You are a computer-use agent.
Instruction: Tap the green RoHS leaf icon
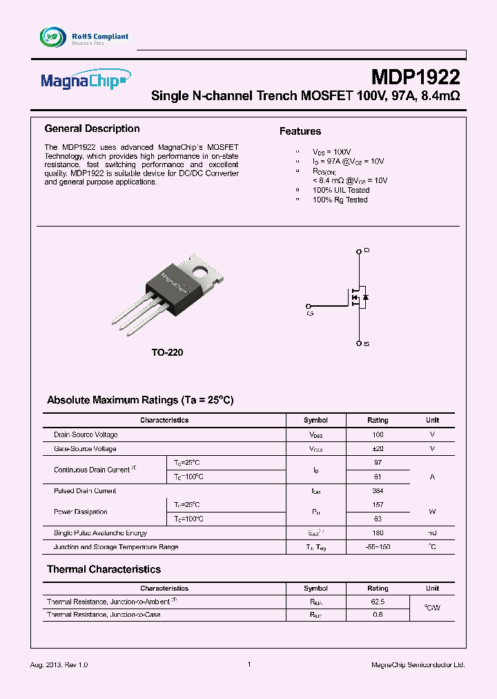52,37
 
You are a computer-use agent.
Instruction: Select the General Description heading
92,128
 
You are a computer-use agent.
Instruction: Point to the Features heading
300,131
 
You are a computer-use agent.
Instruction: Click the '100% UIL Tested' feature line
341,190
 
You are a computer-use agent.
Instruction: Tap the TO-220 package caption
168,352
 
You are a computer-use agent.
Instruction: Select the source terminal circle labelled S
358,343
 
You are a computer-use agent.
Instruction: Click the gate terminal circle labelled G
309,305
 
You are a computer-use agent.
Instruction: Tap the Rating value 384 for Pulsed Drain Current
378,491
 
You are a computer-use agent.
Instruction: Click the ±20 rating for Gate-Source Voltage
378,449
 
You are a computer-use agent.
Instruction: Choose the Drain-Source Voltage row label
86,435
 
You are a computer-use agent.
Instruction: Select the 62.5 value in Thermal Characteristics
378,602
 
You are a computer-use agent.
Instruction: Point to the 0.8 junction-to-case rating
378,614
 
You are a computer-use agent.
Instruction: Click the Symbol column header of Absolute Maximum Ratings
315,420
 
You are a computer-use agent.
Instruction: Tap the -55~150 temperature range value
378,547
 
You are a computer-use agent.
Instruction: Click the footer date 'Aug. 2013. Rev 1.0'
59,664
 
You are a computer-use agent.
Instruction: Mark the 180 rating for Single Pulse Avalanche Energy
378,533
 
